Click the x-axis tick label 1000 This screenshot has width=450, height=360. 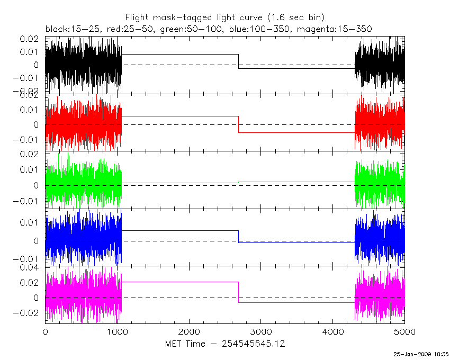(117, 332)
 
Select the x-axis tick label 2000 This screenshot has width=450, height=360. (189, 332)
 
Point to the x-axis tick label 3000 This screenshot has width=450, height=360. (261, 332)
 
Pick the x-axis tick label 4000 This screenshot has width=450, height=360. (332, 332)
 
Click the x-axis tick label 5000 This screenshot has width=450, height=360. (404, 332)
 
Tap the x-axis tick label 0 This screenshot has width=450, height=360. (46, 332)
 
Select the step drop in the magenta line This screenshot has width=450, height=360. (238, 292)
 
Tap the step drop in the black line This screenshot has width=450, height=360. (238, 61)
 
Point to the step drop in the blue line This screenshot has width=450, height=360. (238, 237)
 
